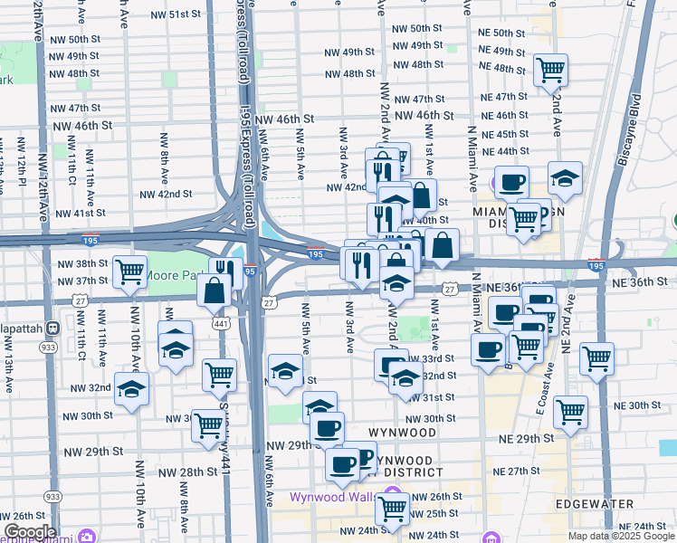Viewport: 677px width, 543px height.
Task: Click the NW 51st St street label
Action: pyautogui.click(x=175, y=14)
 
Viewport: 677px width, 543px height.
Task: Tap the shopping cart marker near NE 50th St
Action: pyautogui.click(x=550, y=69)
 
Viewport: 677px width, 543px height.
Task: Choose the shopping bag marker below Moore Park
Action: pyautogui.click(x=215, y=291)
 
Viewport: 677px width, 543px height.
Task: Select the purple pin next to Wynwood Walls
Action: pyautogui.click(x=393, y=496)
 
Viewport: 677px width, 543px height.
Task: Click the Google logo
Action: pyautogui.click(x=29, y=532)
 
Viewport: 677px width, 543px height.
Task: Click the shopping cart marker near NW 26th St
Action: pyautogui.click(x=393, y=510)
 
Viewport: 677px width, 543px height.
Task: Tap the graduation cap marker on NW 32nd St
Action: pyautogui.click(x=132, y=388)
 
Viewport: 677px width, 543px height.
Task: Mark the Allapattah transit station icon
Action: pyautogui.click(x=53, y=327)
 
